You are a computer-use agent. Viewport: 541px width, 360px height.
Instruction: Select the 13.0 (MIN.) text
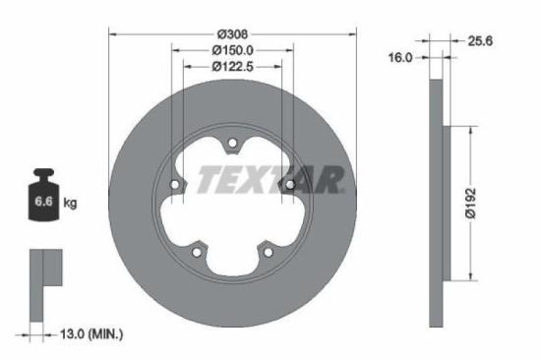pos(90,335)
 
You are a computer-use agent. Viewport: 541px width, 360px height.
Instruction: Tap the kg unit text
pos(71,204)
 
